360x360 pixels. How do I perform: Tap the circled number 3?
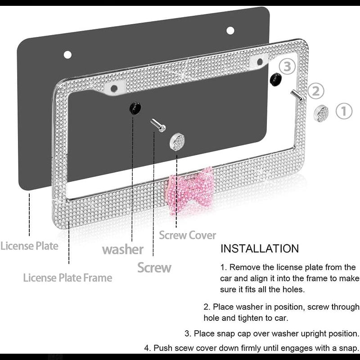[288, 67]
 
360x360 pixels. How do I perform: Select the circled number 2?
[316, 91]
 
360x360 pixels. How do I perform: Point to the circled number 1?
[344, 111]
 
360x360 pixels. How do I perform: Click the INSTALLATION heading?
[260, 248]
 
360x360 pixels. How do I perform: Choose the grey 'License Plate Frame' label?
[67, 277]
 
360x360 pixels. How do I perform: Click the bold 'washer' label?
[123, 249]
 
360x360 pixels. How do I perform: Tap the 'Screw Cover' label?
[187, 235]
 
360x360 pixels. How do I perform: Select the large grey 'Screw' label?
[154, 268]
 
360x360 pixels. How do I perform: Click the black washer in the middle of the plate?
[135, 108]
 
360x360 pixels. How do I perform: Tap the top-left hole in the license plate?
[67, 55]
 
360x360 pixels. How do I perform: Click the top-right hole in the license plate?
[230, 31]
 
